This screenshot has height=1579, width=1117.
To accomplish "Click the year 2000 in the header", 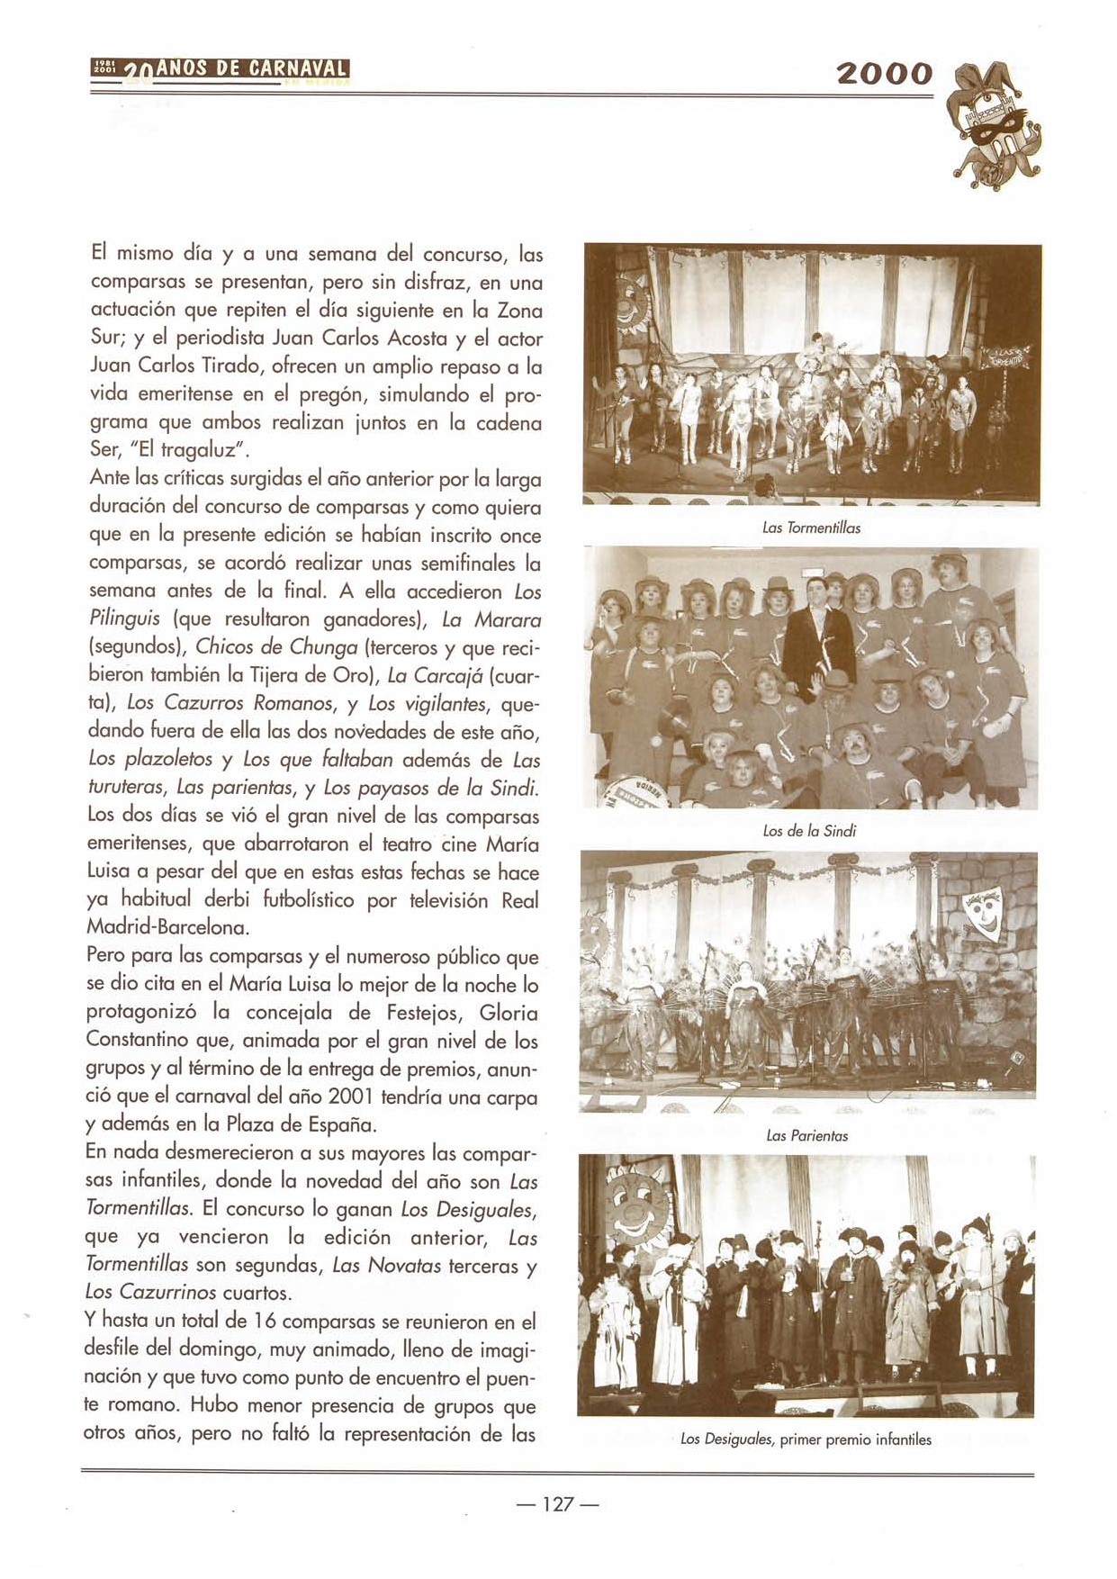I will [884, 74].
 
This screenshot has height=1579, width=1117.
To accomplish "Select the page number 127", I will [558, 1504].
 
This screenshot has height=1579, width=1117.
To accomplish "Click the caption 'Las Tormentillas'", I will [811, 528].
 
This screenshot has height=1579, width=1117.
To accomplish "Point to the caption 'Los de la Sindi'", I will [808, 831].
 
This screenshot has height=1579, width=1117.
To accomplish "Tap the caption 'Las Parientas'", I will [806, 1136].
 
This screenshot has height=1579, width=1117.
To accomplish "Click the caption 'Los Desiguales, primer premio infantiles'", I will [806, 1439].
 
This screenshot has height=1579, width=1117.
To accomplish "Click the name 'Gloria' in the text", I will [509, 1013].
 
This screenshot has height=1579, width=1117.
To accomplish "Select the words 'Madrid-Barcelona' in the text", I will [167, 927].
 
